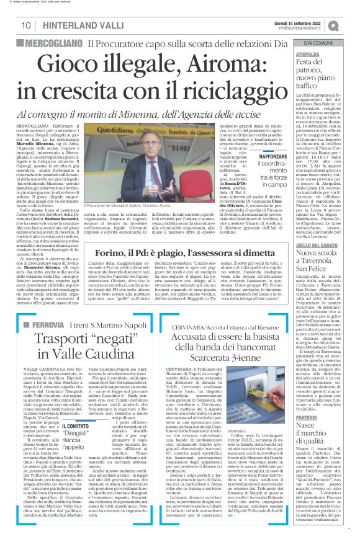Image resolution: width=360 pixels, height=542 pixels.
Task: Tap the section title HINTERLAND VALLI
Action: [x=77, y=25]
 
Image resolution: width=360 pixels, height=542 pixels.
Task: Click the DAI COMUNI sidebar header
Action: [x=317, y=43]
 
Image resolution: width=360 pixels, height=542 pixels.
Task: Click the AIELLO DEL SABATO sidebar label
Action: [x=316, y=228]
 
